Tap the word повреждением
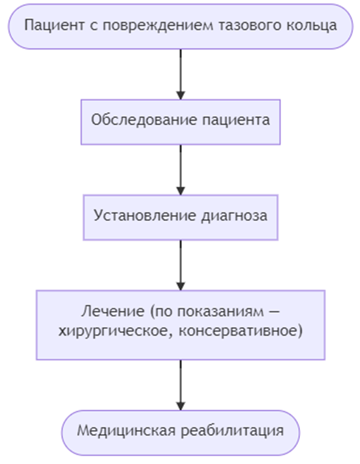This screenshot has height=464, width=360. (158, 26)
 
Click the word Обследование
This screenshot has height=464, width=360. (144, 120)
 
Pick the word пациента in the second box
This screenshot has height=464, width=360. (236, 121)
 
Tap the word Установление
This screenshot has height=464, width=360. (145, 215)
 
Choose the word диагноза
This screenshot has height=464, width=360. (235, 216)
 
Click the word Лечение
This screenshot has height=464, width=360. (113, 312)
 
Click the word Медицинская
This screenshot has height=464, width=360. (127, 431)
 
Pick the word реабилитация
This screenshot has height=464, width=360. (232, 431)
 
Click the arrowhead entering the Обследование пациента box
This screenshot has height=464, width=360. (181, 95)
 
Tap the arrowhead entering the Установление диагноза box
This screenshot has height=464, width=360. (181, 191)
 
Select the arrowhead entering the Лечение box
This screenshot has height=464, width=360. (181, 286)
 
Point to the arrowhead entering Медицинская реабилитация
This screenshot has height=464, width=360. (181, 406)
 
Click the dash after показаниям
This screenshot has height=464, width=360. (275, 312)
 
